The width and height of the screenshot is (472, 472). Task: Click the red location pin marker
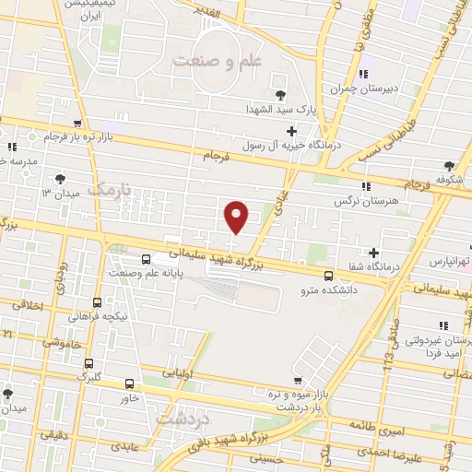[x=237, y=216]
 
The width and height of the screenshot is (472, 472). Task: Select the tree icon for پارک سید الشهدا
[x=279, y=94]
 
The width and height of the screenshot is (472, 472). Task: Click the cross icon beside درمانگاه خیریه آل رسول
[x=291, y=131]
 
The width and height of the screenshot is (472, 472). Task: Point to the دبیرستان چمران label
[x=364, y=89]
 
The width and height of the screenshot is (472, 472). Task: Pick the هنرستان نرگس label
[x=365, y=199]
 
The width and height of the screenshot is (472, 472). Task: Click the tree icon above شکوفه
[x=449, y=165]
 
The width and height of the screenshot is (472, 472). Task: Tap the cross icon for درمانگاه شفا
[x=373, y=253]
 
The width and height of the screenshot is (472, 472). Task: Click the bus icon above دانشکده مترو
[x=328, y=275]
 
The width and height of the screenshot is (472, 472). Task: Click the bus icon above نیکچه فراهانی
[x=98, y=301]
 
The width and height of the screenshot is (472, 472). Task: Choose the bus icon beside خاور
[x=128, y=384]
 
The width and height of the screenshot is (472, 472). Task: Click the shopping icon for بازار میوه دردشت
[x=296, y=380]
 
